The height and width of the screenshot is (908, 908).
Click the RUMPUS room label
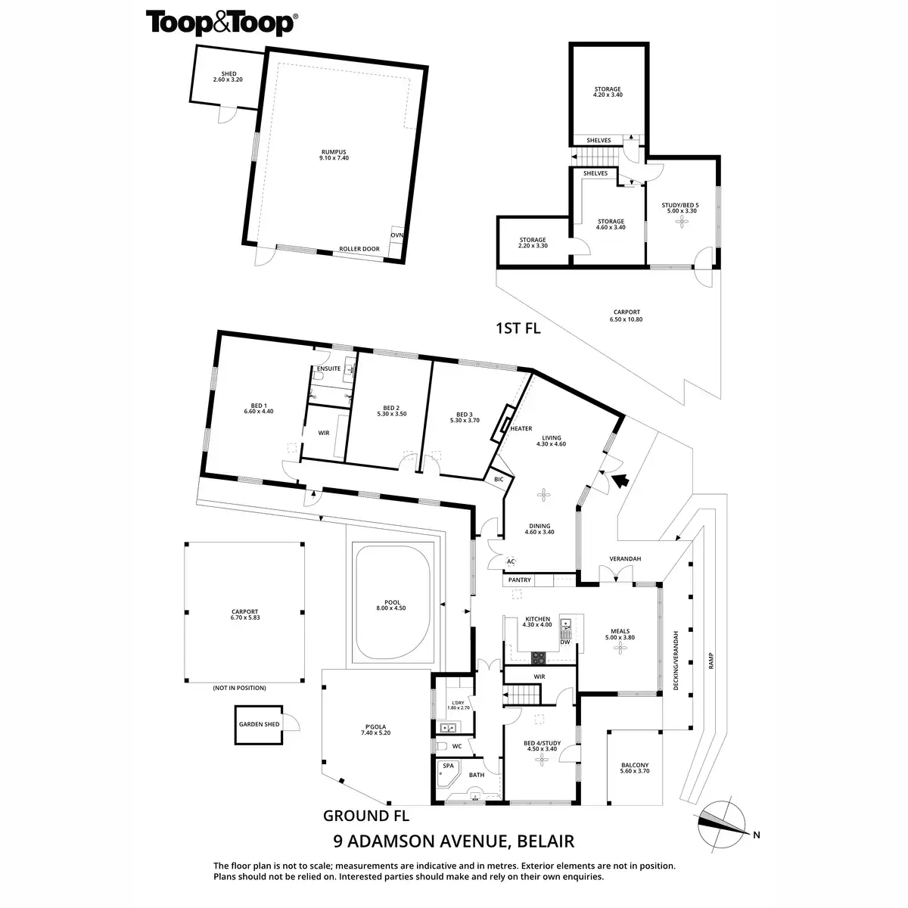click(333, 152)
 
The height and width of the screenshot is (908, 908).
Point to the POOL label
click(391, 602)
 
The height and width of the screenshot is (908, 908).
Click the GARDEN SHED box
click(260, 725)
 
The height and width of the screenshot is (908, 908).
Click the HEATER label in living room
click(521, 428)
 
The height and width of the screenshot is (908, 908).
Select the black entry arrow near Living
click(621, 480)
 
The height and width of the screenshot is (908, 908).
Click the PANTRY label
click(520, 580)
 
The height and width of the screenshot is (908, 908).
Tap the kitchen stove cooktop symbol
click(539, 657)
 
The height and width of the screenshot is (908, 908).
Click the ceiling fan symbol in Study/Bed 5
click(683, 222)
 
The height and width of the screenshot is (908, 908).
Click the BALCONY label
click(634, 764)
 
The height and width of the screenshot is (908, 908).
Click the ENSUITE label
click(328, 368)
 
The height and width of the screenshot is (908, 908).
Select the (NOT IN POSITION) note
click(239, 688)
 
